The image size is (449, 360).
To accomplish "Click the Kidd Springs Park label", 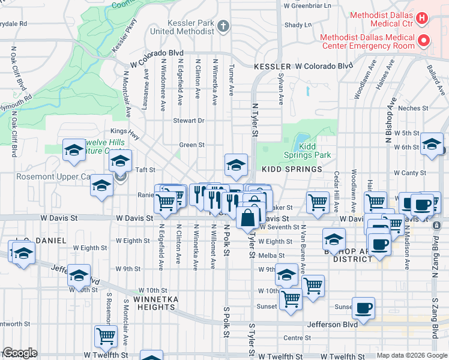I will click(x=315, y=151).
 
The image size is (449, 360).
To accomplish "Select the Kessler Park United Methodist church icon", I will click(x=223, y=26).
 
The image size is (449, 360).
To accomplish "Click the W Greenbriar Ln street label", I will click(x=307, y=5).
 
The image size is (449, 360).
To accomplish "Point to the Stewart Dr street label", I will click(x=189, y=121).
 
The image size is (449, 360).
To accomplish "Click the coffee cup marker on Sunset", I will click(x=363, y=308).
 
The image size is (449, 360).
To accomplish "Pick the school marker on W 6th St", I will click(x=432, y=144).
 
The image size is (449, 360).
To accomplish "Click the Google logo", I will click(x=20, y=353).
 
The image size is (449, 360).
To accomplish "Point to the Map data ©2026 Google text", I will click(x=411, y=355).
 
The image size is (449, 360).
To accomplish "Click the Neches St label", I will click(x=412, y=108).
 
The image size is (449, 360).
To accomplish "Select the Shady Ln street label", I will click(x=298, y=25).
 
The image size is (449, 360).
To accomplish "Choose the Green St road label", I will click(x=192, y=145).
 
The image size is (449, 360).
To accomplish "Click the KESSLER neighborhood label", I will click(x=272, y=66).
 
